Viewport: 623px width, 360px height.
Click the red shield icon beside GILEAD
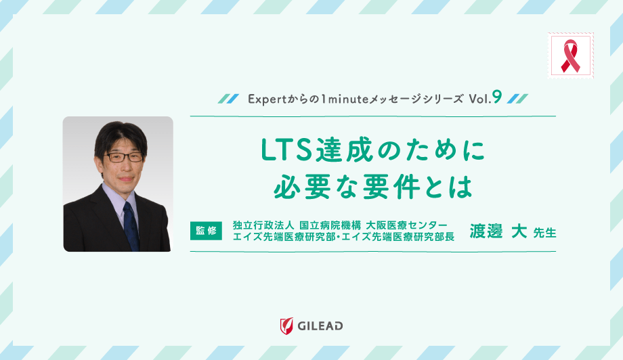pyautogui.click(x=286, y=326)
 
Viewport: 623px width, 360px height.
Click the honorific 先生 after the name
pyautogui.click(x=544, y=233)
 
